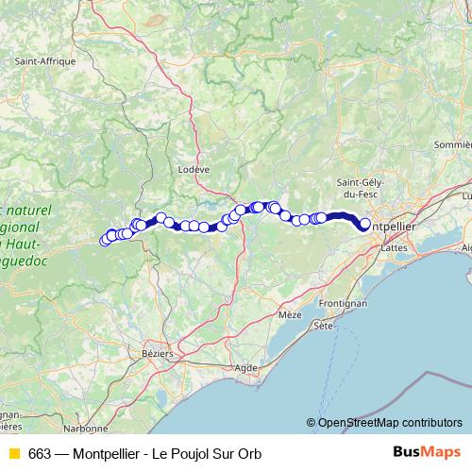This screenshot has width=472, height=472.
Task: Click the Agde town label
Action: [x=245, y=366]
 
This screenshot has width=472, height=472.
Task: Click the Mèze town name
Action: [x=290, y=313]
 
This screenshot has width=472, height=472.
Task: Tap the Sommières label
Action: [x=451, y=145]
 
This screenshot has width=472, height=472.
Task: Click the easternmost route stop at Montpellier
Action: [x=365, y=225]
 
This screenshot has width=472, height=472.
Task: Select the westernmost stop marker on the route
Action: [x=105, y=241]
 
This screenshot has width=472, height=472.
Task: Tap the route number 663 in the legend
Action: [x=39, y=453]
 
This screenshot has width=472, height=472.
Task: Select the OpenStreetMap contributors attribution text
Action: [x=389, y=423]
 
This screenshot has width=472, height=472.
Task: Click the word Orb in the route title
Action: [x=248, y=453]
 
